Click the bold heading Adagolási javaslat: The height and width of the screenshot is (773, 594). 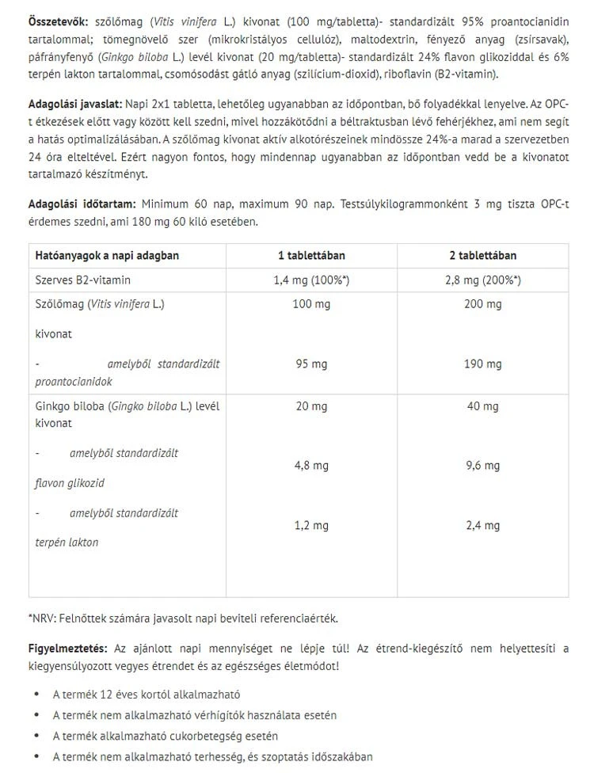point(74,104)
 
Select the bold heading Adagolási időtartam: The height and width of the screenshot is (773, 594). point(82,204)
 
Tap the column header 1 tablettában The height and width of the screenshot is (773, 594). point(311,256)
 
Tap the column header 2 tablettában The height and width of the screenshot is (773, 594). point(482,256)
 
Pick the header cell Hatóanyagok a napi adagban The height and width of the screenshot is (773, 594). point(108,256)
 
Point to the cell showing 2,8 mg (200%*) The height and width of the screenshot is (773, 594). point(482,280)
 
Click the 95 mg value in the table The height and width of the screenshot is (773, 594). point(311,364)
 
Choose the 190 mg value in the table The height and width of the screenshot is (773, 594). point(482,364)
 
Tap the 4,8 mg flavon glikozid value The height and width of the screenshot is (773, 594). point(311,466)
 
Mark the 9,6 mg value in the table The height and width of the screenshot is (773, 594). point(482,466)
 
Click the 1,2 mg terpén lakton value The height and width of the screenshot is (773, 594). point(311,525)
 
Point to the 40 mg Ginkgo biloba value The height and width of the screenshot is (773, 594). point(482,406)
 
